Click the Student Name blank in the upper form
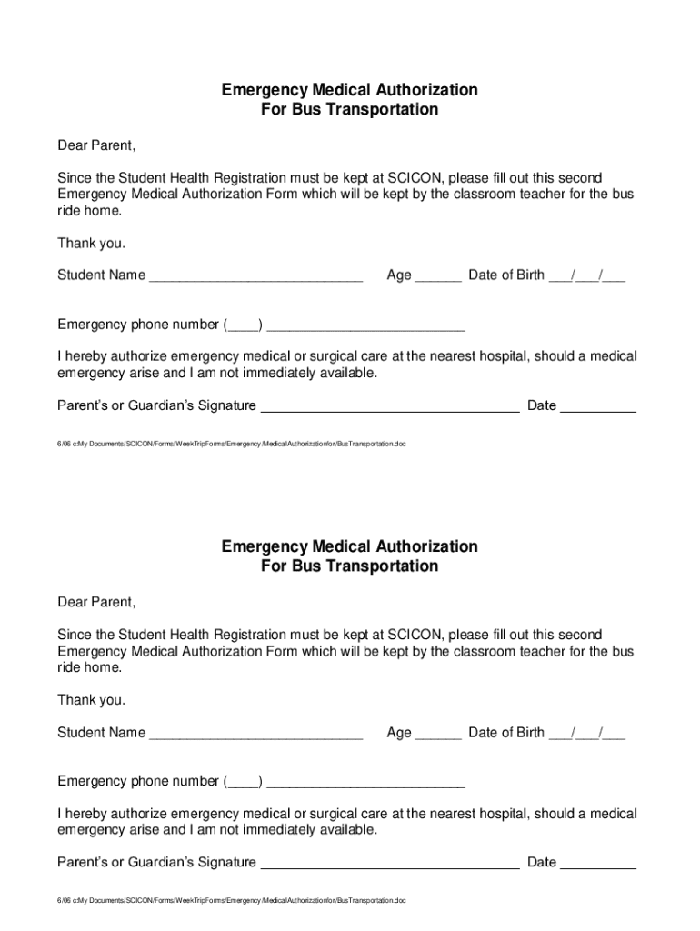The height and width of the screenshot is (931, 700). pyautogui.click(x=255, y=276)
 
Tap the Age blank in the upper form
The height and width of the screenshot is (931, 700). pyautogui.click(x=438, y=276)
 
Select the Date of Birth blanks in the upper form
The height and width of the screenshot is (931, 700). pyautogui.click(x=586, y=276)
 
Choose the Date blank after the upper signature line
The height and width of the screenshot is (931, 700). pyautogui.click(x=598, y=406)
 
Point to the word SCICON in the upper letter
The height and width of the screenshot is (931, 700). pyautogui.click(x=415, y=177)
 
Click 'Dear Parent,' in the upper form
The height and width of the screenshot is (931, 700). pyautogui.click(x=96, y=145)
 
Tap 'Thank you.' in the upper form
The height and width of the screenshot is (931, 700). pyautogui.click(x=92, y=243)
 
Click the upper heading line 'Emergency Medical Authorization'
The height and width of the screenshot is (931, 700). pyautogui.click(x=349, y=90)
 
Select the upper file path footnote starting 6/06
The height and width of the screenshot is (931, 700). pyautogui.click(x=231, y=444)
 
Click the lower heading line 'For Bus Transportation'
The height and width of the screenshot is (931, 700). pyautogui.click(x=349, y=566)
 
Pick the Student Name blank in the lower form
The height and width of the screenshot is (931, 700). pyautogui.click(x=255, y=734)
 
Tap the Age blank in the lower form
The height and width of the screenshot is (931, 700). pyautogui.click(x=438, y=734)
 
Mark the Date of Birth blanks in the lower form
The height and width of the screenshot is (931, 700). pyautogui.click(x=586, y=734)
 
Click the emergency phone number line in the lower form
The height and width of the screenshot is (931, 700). pyautogui.click(x=365, y=782)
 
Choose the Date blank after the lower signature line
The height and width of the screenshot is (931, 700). pyautogui.click(x=598, y=864)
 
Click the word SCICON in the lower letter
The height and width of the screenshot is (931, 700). pyautogui.click(x=415, y=635)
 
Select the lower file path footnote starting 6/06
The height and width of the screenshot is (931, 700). pyautogui.click(x=231, y=901)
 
